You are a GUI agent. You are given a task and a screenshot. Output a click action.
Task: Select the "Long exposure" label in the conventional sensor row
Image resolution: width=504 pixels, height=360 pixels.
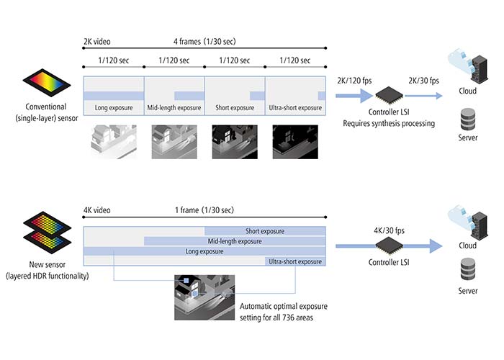(x=114, y=108)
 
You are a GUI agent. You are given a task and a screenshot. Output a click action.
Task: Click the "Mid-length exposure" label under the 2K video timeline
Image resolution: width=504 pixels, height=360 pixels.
(x=174, y=108)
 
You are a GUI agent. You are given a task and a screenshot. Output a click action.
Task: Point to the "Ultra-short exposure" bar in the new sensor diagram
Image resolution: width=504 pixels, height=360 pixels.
(x=295, y=261)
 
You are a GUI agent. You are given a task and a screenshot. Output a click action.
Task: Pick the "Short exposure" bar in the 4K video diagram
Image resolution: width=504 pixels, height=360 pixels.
(x=265, y=231)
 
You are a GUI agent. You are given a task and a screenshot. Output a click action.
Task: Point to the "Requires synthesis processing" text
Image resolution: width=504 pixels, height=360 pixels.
(x=388, y=123)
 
